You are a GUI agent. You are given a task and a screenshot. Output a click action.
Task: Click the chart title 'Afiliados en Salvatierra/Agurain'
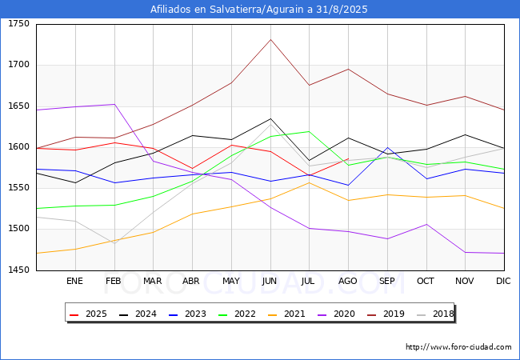[259, 10]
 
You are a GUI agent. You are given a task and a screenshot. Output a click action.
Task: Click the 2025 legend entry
[87, 314]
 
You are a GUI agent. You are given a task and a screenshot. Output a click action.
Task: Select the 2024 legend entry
[135, 314]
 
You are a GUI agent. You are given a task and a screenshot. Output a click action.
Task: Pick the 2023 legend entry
[183, 314]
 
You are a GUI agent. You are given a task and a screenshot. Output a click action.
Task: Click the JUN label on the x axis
[270, 281]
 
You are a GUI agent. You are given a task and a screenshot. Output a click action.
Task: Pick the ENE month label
[74, 281]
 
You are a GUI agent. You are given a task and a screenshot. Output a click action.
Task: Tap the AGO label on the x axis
[348, 281]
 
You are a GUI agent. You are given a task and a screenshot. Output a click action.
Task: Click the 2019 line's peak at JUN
[270, 39]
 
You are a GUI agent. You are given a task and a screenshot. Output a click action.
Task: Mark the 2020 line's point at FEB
[114, 104]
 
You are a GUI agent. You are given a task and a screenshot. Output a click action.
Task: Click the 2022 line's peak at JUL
[309, 131]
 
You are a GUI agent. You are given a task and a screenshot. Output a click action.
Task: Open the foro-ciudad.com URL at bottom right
[458, 347]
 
